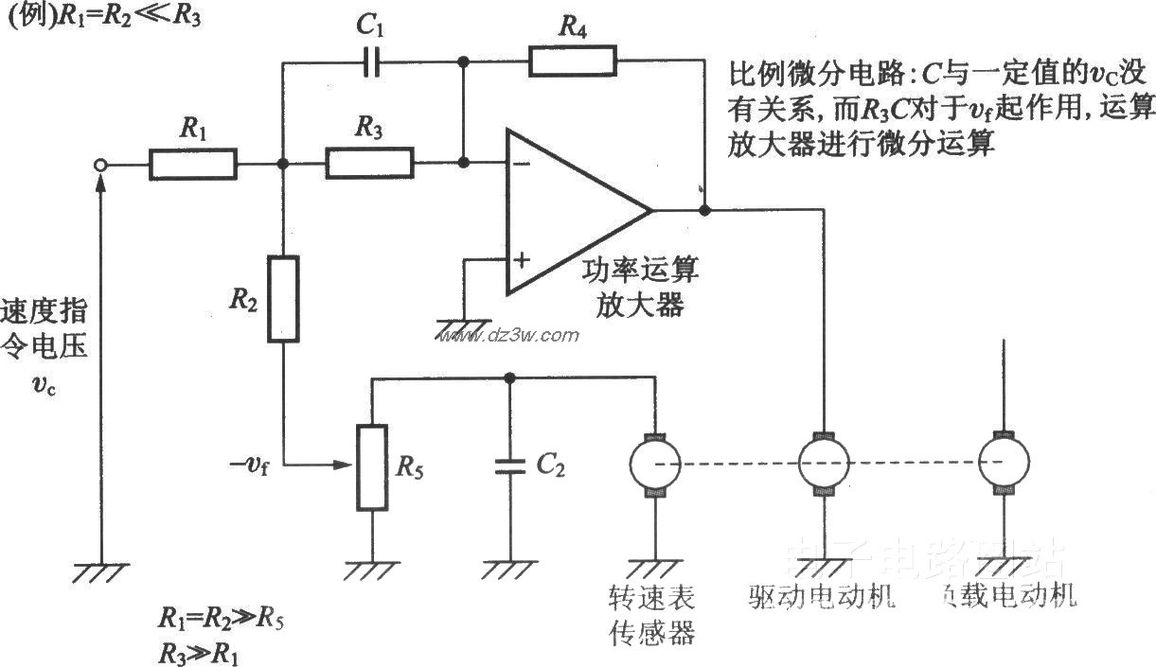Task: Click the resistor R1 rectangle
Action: click(x=192, y=164)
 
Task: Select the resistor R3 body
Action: click(x=369, y=163)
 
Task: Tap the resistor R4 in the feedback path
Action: click(x=572, y=61)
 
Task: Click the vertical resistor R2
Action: click(x=282, y=298)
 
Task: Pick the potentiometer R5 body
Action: click(x=371, y=467)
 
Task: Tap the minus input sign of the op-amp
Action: click(x=520, y=164)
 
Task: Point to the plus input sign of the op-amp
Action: click(x=520, y=258)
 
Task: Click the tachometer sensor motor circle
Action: click(x=654, y=463)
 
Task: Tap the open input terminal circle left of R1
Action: click(x=102, y=165)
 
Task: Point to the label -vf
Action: click(x=248, y=465)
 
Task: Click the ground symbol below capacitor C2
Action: click(x=510, y=568)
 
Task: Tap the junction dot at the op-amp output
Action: click(x=704, y=210)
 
